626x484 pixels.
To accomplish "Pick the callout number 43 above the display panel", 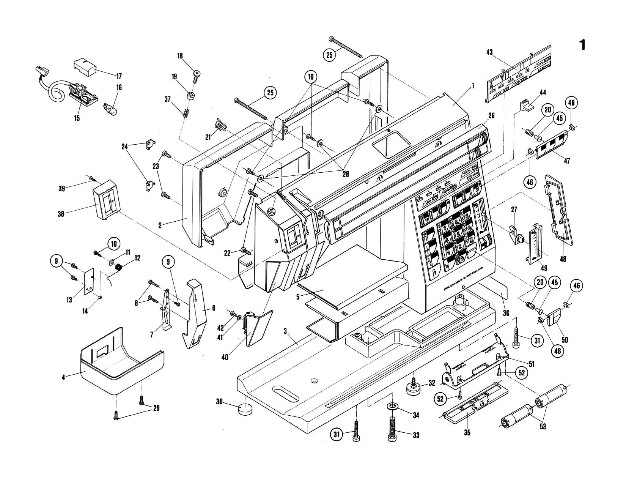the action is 489,52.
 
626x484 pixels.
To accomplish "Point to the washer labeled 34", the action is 392,407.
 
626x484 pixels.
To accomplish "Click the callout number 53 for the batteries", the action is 543,427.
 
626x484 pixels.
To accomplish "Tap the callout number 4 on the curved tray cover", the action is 63,377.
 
